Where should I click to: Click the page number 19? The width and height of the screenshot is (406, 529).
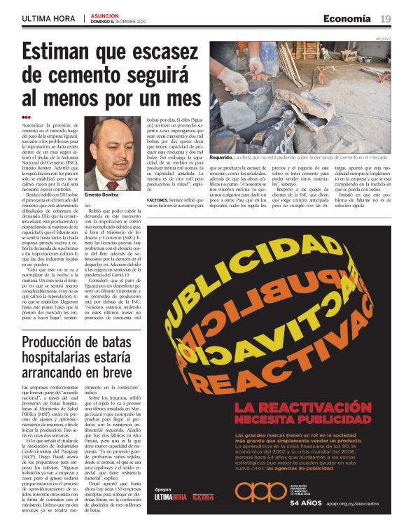click(385, 19)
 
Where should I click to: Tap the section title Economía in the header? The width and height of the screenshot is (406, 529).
click(347, 19)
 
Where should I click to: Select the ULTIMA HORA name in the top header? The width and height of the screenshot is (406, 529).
click(48, 18)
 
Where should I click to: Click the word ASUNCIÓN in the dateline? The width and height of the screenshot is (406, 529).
click(105, 15)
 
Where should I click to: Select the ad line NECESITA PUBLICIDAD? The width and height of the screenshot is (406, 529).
click(282, 419)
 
